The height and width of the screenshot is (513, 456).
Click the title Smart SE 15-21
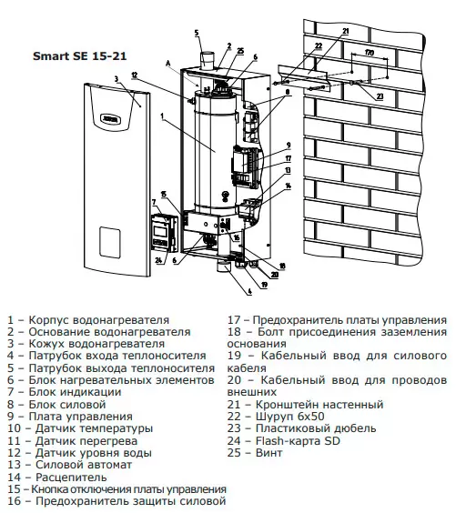point(79,56)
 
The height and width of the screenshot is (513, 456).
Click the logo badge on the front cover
point(111,119)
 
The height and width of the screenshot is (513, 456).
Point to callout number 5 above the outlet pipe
point(197,33)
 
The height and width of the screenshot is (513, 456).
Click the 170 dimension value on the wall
point(369,53)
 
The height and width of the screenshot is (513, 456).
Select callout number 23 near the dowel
point(380,96)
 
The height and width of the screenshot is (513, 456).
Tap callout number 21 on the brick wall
point(346,32)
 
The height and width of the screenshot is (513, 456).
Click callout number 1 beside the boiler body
point(162,116)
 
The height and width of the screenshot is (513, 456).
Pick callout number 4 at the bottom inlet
point(249,291)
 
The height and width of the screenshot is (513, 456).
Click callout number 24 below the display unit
point(158,260)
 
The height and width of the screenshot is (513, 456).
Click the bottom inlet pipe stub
point(224,266)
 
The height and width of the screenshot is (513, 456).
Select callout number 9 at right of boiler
point(289,146)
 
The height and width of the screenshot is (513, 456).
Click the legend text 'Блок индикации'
point(75,392)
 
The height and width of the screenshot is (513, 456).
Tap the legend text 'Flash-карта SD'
point(298,441)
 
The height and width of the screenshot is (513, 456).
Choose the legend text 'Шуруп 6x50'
point(290,417)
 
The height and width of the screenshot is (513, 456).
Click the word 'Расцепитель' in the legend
point(71,477)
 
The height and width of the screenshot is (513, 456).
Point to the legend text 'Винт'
point(269,453)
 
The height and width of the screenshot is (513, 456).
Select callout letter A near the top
point(168,64)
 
